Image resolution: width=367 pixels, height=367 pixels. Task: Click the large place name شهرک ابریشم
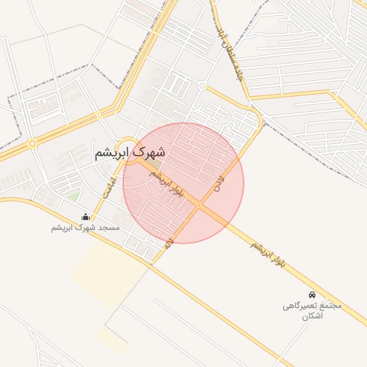(x=129, y=153)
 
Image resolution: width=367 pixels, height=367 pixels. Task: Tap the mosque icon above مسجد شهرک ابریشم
(x=87, y=216)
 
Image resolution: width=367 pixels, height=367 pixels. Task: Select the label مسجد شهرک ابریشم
(x=85, y=227)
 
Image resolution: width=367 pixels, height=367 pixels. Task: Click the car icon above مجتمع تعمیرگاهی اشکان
(x=312, y=295)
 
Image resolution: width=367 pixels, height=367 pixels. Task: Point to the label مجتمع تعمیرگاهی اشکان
(x=312, y=310)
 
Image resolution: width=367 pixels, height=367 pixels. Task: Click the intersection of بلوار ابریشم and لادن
(x=199, y=205)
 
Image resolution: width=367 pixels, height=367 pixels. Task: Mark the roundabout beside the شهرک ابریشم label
(x=127, y=143)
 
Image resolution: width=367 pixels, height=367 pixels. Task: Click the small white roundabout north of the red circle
(x=202, y=85)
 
